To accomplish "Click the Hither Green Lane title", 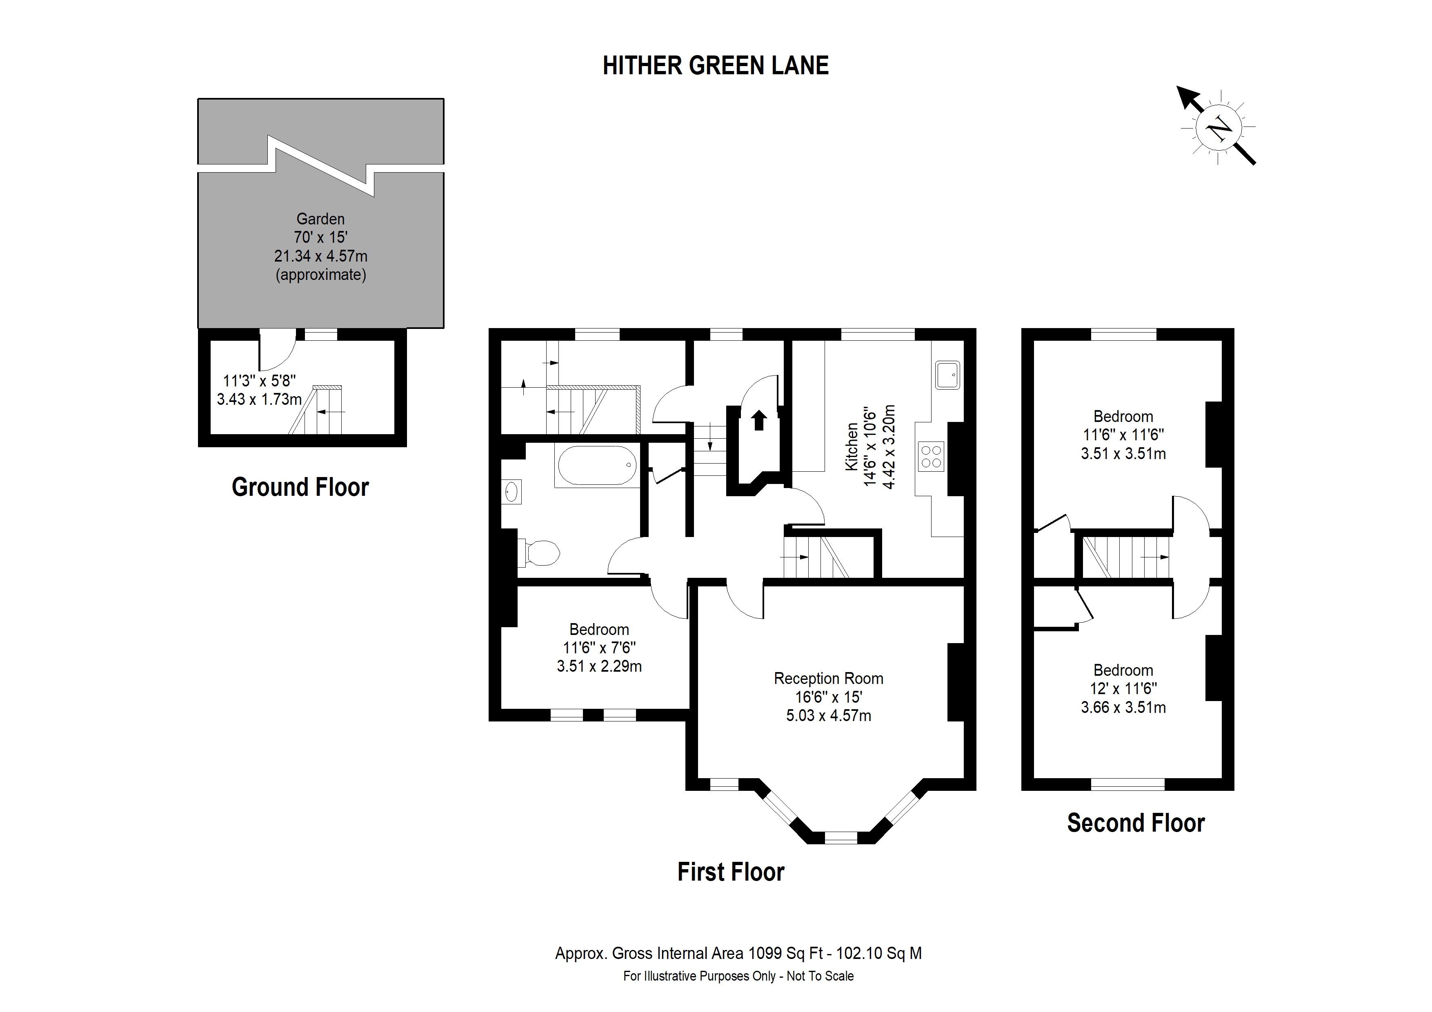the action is [715, 65].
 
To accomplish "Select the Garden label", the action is [320, 219].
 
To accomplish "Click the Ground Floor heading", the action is [300, 487].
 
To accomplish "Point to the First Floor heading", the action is [731, 872].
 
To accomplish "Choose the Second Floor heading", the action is [1136, 823].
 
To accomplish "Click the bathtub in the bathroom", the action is [597, 465].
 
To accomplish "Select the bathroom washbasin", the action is [511, 492].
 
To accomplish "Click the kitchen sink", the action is [947, 375].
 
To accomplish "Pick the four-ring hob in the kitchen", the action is [931, 457].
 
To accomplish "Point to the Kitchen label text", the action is [852, 446].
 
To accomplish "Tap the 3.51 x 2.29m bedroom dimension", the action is [599, 666].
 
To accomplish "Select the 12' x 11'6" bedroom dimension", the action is [1123, 688].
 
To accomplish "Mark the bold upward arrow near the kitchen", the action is [758, 420].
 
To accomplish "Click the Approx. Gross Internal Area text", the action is [738, 953].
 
